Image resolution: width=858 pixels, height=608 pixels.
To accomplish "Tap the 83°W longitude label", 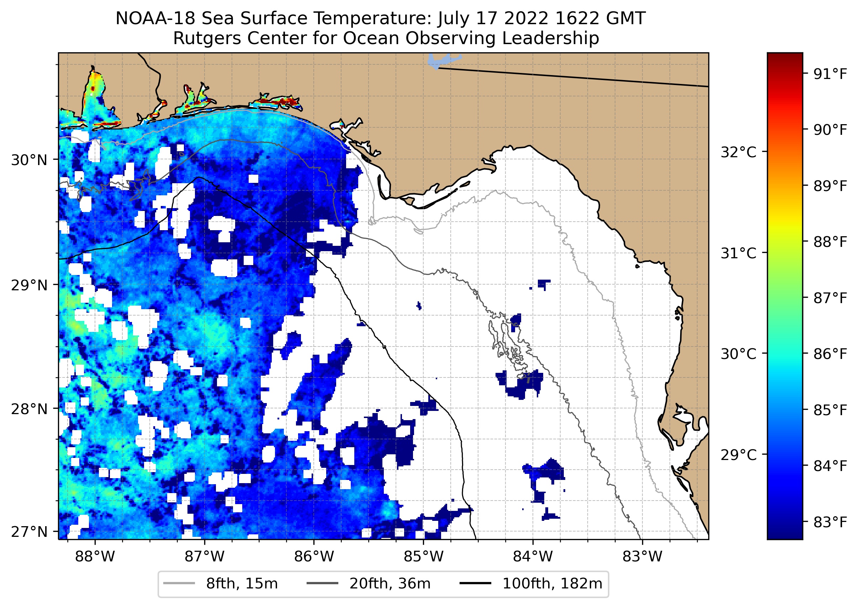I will (642, 557).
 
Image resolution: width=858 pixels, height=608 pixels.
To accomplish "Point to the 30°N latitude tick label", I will (30, 160).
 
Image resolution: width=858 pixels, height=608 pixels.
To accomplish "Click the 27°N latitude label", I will (30, 532).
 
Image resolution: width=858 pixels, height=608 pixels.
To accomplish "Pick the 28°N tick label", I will (30, 409).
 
